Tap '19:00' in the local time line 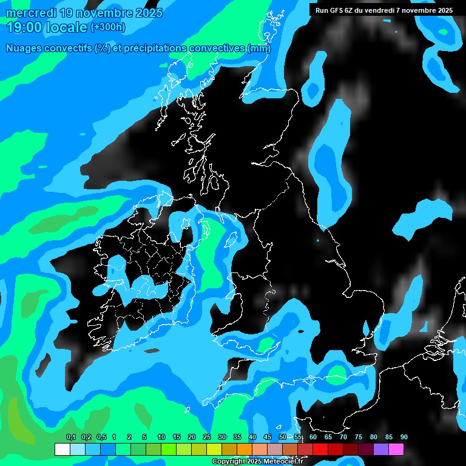(x=24, y=27)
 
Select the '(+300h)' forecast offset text (x=107, y=27)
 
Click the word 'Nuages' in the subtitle (x=24, y=49)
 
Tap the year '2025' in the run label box (x=441, y=10)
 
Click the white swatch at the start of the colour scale (x=62, y=450)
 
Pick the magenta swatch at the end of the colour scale (x=396, y=450)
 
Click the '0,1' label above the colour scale (x=71, y=437)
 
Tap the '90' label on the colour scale (x=404, y=437)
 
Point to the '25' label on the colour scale (x=207, y=437)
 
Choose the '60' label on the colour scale (x=313, y=437)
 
